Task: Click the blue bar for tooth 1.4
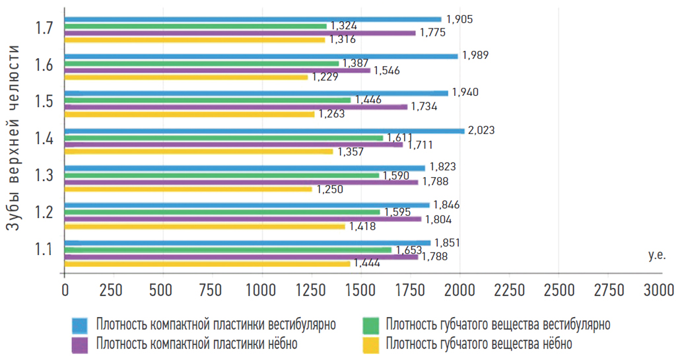pyautogui.click(x=264, y=131)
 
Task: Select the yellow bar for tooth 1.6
pyautogui.click(x=186, y=77)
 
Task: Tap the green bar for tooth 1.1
pyautogui.click(x=228, y=250)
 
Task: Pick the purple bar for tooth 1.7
pyautogui.click(x=240, y=33)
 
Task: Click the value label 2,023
pyautogui.click(x=481, y=130)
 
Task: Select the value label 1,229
pyautogui.click(x=325, y=77)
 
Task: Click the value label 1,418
pyautogui.click(x=362, y=227)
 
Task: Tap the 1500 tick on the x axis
pyautogui.click(x=361, y=289)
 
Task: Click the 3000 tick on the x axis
pyautogui.click(x=658, y=289)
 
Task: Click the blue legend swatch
pyautogui.click(x=80, y=325)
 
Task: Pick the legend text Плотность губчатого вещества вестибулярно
pyautogui.click(x=498, y=325)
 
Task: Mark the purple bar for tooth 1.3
pyautogui.click(x=241, y=182)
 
